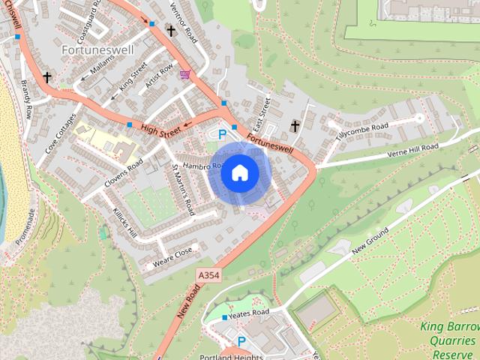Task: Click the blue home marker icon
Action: point(239,172)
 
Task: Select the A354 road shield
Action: point(209,276)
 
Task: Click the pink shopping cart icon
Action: point(184,75)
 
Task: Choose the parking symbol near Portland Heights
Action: point(241,341)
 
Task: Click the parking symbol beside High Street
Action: point(221,134)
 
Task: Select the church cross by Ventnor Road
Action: point(171,31)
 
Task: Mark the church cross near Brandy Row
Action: point(47,77)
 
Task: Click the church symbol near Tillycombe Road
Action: point(295,126)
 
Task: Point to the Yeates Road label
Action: point(250,313)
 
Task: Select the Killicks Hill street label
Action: point(122,222)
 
